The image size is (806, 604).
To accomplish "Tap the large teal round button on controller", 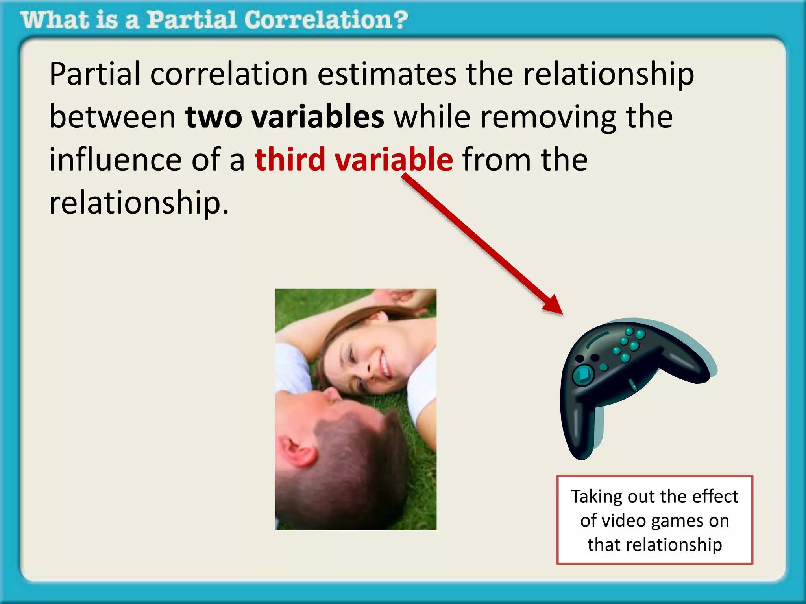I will pyautogui.click(x=583, y=374).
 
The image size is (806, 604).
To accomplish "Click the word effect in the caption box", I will pyautogui.click(x=715, y=496).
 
